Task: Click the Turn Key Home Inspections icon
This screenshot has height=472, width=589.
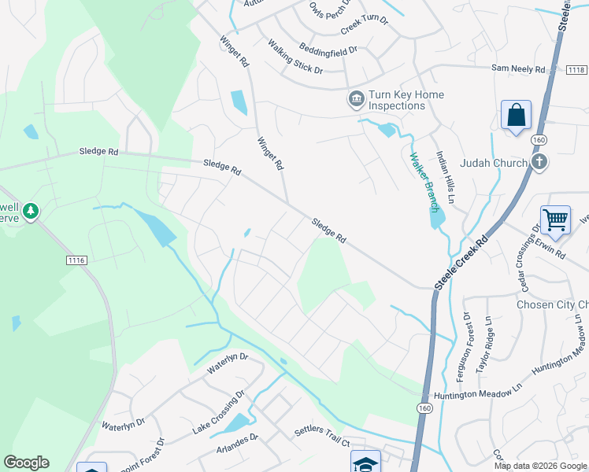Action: pyautogui.click(x=355, y=100)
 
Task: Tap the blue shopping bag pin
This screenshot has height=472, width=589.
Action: pyautogui.click(x=516, y=115)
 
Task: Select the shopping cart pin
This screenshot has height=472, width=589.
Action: pyautogui.click(x=555, y=220)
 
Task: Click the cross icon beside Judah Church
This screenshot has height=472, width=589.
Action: pyautogui.click(x=539, y=162)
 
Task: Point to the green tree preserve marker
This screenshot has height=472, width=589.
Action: pyautogui.click(x=31, y=211)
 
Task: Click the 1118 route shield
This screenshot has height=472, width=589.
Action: pyautogui.click(x=576, y=70)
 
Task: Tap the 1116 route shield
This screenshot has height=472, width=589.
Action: pyautogui.click(x=76, y=260)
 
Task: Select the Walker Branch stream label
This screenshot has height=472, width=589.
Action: pyautogui.click(x=423, y=181)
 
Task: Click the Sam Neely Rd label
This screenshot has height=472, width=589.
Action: pyautogui.click(x=517, y=69)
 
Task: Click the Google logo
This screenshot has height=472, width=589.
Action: pyautogui.click(x=26, y=463)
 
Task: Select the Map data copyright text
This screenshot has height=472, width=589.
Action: pyautogui.click(x=540, y=466)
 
